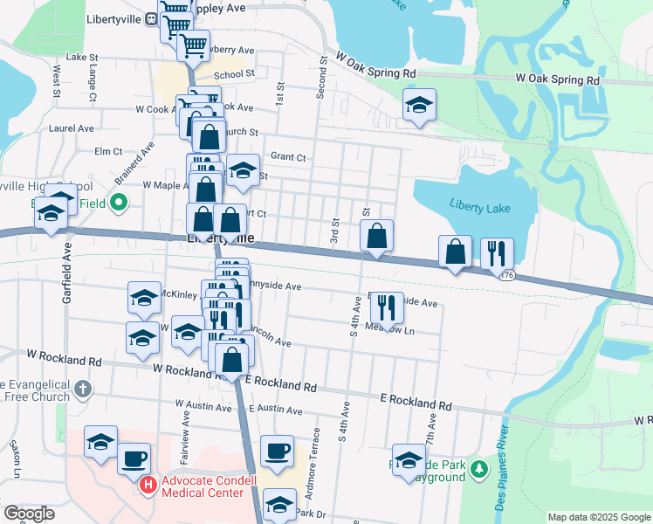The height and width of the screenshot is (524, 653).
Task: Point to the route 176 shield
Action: (x=507, y=275)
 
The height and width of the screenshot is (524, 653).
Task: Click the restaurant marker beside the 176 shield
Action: (x=497, y=254)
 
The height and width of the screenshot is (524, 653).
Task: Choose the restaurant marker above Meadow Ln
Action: (x=386, y=307)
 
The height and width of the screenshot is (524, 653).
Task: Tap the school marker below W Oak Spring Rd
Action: (x=419, y=106)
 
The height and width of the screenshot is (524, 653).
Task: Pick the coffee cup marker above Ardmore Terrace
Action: (x=278, y=451)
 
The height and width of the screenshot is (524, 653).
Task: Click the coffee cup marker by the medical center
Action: (x=134, y=458)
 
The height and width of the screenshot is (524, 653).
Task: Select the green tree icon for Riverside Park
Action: (x=478, y=469)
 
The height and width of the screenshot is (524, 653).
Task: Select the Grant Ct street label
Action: (x=288, y=157)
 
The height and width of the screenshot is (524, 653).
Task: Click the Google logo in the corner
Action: (x=29, y=514)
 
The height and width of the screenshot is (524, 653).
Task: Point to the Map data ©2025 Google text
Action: (x=599, y=517)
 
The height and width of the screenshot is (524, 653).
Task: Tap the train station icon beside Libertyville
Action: (x=152, y=18)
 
